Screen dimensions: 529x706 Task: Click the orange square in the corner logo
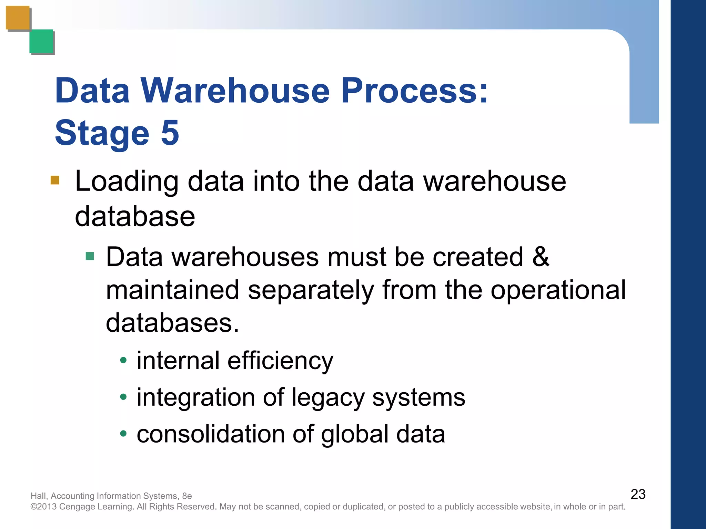18,18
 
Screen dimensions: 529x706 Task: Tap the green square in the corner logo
41,41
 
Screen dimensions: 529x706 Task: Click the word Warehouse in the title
235,91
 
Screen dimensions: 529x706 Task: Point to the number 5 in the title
170,133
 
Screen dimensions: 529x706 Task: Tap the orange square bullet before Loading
55,180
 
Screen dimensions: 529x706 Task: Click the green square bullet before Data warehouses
90,256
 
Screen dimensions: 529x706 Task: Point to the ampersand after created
541,257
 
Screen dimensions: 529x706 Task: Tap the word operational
558,290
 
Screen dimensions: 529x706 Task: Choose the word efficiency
280,361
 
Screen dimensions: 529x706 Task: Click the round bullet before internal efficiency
123,361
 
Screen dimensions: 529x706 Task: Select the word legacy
328,398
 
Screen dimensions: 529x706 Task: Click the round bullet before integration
123,397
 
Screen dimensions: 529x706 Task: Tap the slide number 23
638,494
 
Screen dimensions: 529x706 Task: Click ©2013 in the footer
44,507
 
